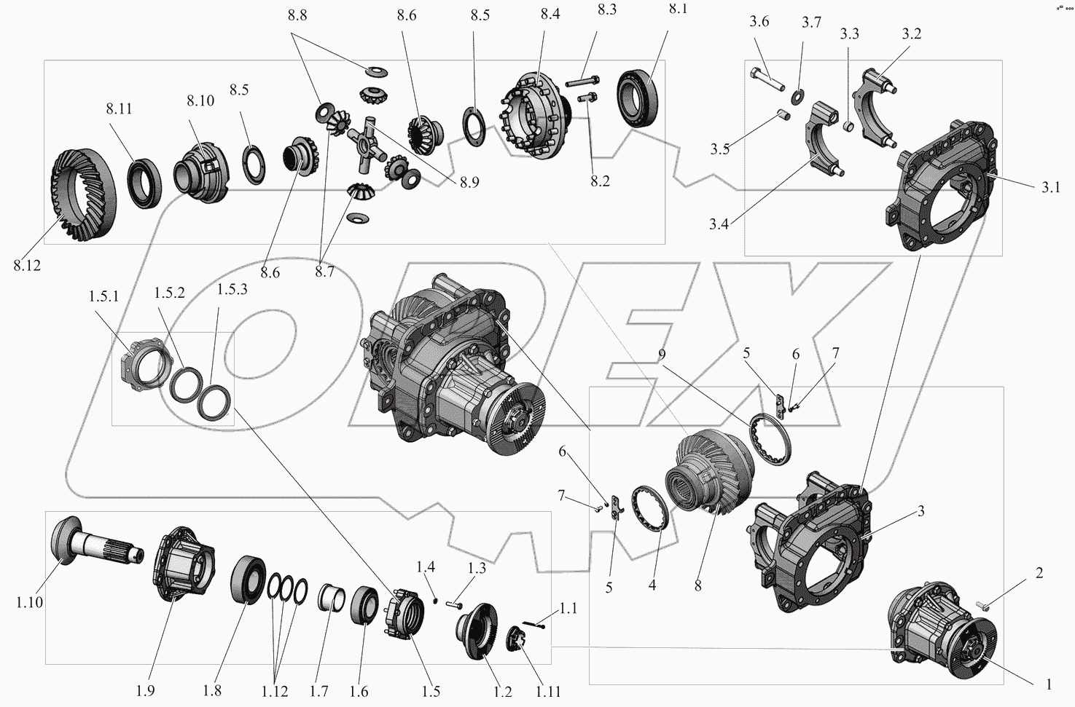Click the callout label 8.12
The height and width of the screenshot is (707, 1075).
click(28, 265)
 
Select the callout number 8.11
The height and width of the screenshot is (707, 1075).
click(119, 108)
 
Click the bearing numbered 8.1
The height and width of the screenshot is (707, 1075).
click(637, 98)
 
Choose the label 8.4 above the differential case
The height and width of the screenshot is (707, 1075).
click(550, 15)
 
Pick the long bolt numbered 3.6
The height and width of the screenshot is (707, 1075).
click(767, 79)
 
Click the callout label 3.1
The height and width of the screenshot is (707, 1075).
click(1050, 187)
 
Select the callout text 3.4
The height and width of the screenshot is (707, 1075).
click(719, 224)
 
